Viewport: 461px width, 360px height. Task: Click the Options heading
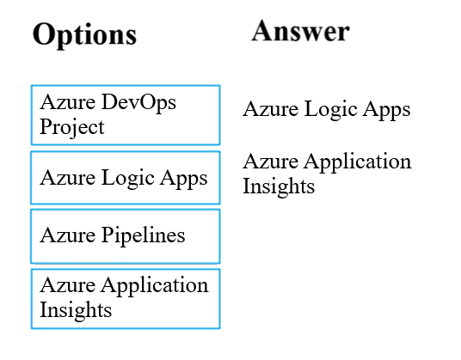tap(84, 35)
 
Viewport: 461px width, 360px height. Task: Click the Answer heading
tap(300, 31)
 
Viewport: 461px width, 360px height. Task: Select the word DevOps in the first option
tap(138, 103)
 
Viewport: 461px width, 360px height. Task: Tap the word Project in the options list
tap(72, 127)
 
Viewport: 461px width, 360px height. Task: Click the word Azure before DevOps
tap(68, 102)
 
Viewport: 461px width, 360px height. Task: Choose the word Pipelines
tap(143, 235)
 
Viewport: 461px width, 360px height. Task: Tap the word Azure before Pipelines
tap(68, 235)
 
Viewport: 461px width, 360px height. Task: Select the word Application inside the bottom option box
tap(155, 286)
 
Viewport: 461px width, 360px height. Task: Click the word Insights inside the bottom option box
tap(76, 310)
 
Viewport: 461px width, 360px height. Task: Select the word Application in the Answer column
tap(358, 162)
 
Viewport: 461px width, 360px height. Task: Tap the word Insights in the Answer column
tap(279, 186)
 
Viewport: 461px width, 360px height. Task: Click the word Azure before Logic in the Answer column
tap(270, 108)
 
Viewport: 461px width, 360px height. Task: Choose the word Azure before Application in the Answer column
tap(270, 162)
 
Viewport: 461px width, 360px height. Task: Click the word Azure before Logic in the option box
tap(68, 178)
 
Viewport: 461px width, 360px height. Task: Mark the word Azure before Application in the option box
tap(68, 285)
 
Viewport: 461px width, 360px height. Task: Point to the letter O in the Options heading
tap(43, 34)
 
